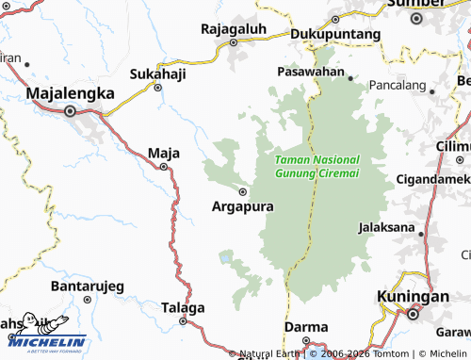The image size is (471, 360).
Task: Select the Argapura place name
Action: (x=242, y=205)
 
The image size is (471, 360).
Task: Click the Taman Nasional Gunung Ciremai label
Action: (x=317, y=168)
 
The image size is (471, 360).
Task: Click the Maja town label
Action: (x=164, y=152)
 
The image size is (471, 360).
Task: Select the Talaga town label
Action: (x=183, y=307)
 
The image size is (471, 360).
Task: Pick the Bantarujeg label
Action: (x=86, y=285)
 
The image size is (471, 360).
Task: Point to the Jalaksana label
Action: (x=389, y=227)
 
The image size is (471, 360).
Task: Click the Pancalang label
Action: (x=398, y=85)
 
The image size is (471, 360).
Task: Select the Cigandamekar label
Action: (x=433, y=179)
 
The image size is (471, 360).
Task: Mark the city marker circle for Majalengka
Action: (x=70, y=111)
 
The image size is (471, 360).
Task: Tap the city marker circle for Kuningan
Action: (x=413, y=314)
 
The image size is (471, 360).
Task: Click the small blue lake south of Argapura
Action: (x=226, y=256)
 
